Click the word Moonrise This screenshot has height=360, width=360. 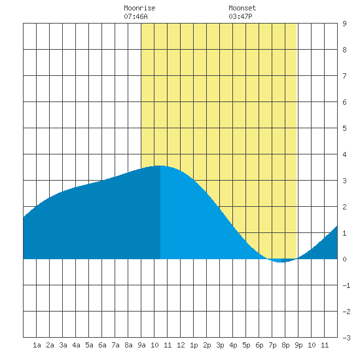point(139,8)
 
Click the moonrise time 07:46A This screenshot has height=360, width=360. point(135,16)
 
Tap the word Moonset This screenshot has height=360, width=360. point(242,8)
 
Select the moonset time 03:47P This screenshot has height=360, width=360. point(240,16)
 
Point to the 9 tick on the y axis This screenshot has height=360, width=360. point(344,24)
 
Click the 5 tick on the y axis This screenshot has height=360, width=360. point(344,128)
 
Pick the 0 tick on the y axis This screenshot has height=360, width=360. point(344,259)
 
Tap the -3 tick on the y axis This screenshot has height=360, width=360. point(346,338)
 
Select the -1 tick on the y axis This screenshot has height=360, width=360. point(346,285)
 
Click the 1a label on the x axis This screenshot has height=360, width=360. point(37,345)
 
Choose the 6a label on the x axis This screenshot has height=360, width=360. point(102,345)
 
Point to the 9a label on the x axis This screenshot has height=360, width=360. point(141,345)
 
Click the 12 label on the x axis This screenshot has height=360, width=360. point(181,345)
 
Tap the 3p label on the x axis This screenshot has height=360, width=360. point(220,345)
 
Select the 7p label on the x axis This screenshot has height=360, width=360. point(272,345)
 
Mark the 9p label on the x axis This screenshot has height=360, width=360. point(298,345)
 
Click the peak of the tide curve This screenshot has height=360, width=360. point(160,166)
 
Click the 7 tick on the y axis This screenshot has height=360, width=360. point(344,76)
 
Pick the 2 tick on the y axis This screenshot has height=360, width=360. point(344,207)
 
